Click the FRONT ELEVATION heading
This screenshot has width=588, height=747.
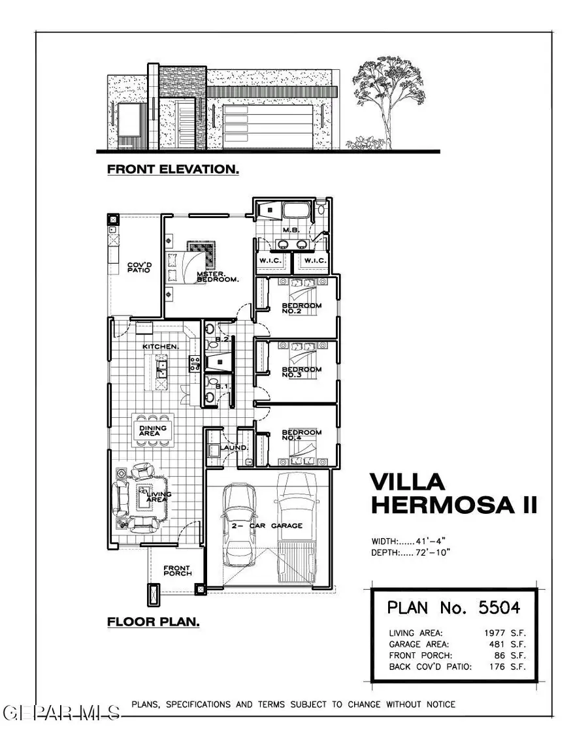tap(172, 170)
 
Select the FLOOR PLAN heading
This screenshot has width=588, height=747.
tap(154, 622)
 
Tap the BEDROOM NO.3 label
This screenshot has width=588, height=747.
tap(301, 372)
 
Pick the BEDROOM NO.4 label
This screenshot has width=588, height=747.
tap(301, 436)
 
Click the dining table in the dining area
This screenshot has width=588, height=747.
tap(154, 430)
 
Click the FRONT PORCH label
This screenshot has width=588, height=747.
tap(177, 570)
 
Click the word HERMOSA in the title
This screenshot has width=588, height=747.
tap(444, 505)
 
